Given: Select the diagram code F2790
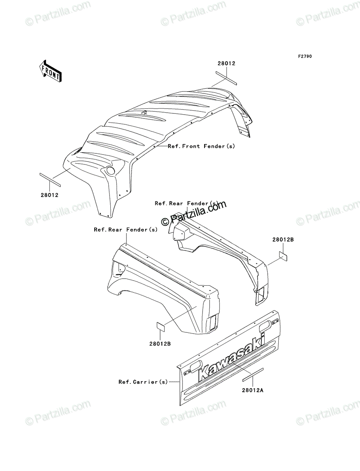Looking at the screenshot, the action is [x=305, y=57].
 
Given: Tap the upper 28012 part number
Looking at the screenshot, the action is [x=227, y=63].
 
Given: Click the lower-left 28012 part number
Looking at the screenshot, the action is [x=49, y=195].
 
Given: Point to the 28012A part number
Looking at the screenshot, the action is [x=252, y=390].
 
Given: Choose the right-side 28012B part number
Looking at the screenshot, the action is [x=283, y=239].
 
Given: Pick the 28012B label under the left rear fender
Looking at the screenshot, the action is [x=160, y=344].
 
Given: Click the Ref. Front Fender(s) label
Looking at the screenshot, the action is [x=201, y=146].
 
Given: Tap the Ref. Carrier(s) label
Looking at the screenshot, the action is [x=143, y=382].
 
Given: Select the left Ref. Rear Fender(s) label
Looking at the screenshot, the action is [x=126, y=230].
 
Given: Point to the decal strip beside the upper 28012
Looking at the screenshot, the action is [x=226, y=78].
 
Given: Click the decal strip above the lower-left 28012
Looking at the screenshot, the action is [x=50, y=180].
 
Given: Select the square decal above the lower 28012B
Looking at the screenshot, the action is [x=160, y=332].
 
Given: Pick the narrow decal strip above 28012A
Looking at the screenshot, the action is [x=253, y=375].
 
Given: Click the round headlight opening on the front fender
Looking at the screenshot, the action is [x=111, y=171].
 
